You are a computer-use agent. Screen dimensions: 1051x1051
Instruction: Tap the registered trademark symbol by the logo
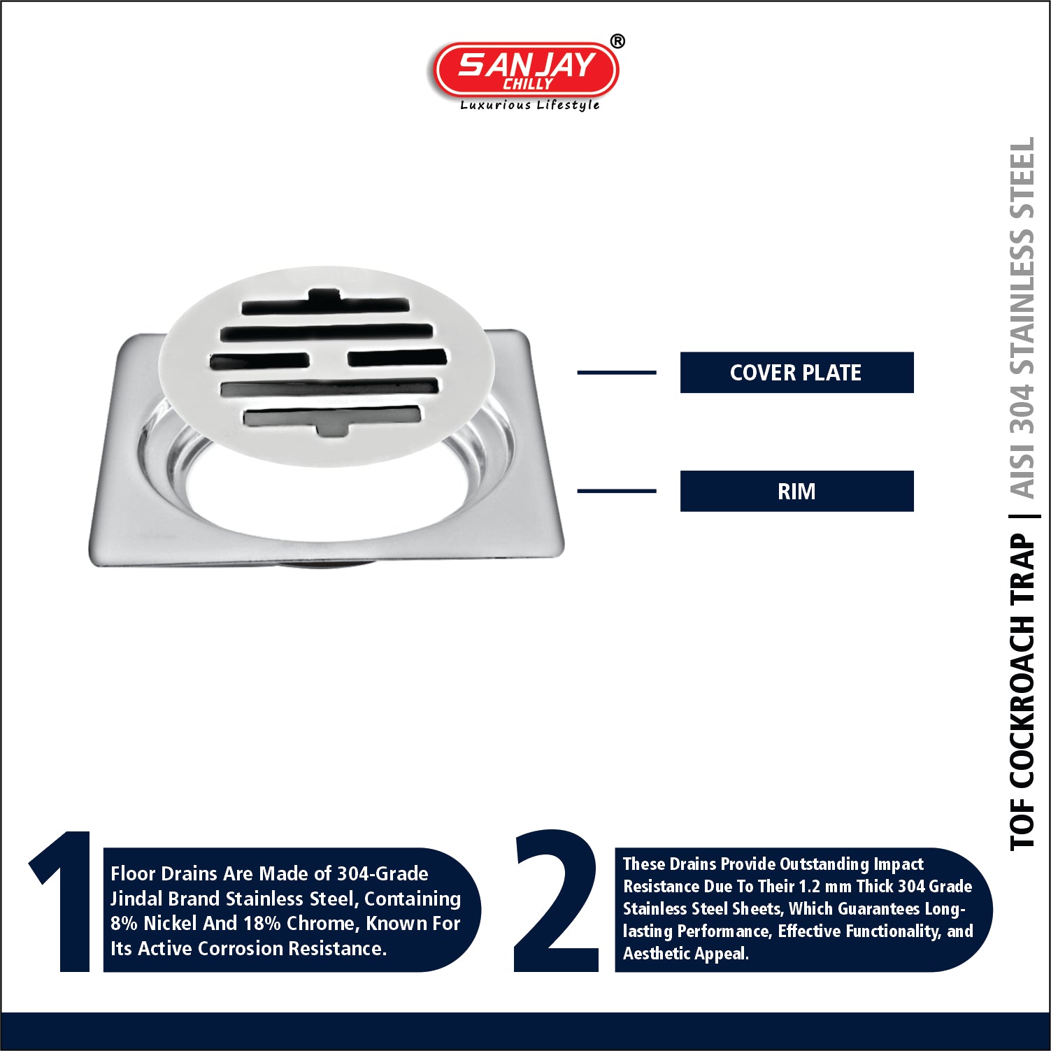[617, 42]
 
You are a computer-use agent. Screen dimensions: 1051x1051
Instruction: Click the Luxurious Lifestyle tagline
[530, 105]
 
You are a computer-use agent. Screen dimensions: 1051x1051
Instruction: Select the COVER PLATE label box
[796, 373]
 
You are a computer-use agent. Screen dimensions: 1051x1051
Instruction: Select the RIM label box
[796, 491]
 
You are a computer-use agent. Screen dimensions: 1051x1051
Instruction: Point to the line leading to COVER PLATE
[616, 373]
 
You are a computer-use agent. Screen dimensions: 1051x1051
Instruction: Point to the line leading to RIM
[616, 491]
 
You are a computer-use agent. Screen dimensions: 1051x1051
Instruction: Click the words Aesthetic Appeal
[685, 953]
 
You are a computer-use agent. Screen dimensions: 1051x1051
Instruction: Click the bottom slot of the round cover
[332, 417]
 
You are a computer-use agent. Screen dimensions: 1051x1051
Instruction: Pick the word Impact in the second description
[899, 864]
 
